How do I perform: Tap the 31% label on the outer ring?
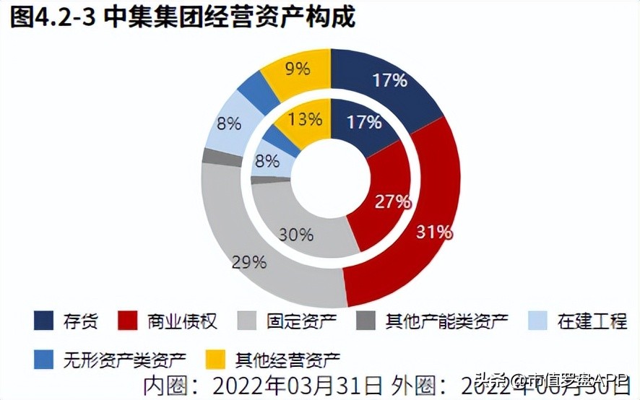(433, 232)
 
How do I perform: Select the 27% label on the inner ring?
(392, 201)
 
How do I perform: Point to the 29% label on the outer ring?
(248, 261)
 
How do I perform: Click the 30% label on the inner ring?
(296, 234)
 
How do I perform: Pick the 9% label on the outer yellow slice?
(297, 69)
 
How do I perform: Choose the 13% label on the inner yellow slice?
(304, 119)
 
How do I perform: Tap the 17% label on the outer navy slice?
(390, 80)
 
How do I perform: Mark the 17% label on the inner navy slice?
(364, 122)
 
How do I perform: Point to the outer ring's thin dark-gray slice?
(213, 157)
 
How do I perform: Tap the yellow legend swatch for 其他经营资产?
(214, 357)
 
